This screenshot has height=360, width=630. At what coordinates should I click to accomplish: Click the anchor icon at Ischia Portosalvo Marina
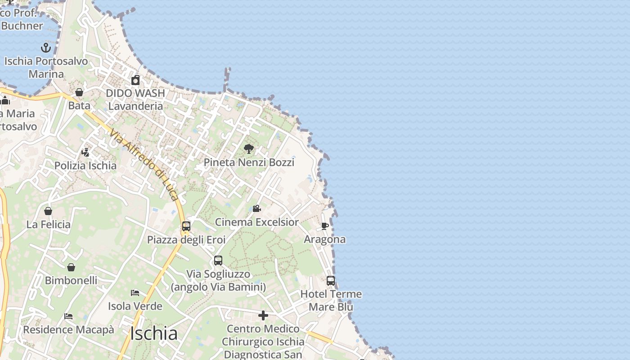[x=45, y=48]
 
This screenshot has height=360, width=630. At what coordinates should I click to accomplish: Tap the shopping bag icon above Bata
[x=79, y=92]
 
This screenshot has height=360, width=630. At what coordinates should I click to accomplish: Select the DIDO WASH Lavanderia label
[x=135, y=99]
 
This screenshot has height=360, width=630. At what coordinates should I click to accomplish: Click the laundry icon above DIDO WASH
[x=135, y=80]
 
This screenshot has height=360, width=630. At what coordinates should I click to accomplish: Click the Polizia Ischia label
[x=85, y=166]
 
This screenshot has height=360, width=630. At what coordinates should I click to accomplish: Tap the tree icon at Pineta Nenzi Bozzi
[x=248, y=149]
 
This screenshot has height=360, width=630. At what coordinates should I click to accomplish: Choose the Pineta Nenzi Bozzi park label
[x=249, y=162]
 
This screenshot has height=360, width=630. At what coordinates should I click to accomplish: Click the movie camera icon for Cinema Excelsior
[x=256, y=209]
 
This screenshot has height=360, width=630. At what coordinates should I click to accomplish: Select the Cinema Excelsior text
[x=256, y=222]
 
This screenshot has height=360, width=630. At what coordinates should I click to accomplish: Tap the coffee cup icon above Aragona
[x=324, y=226]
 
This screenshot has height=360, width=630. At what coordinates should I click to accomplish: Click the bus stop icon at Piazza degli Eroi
[x=186, y=226]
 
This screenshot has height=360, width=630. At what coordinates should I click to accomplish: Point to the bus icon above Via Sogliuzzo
[x=218, y=261]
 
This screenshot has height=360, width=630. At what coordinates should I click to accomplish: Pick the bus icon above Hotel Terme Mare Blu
[x=331, y=281]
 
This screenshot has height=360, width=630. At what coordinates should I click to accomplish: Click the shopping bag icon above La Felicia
[x=48, y=211]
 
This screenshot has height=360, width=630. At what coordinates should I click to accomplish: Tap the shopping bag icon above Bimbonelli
[x=71, y=267]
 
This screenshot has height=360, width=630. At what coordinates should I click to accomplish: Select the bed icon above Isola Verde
[x=135, y=293]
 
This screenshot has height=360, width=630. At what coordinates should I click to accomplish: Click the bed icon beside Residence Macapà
[x=68, y=316]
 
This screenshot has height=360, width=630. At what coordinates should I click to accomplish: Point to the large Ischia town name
[x=154, y=334]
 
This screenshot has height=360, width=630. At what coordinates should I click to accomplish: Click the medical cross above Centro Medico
[x=263, y=316]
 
